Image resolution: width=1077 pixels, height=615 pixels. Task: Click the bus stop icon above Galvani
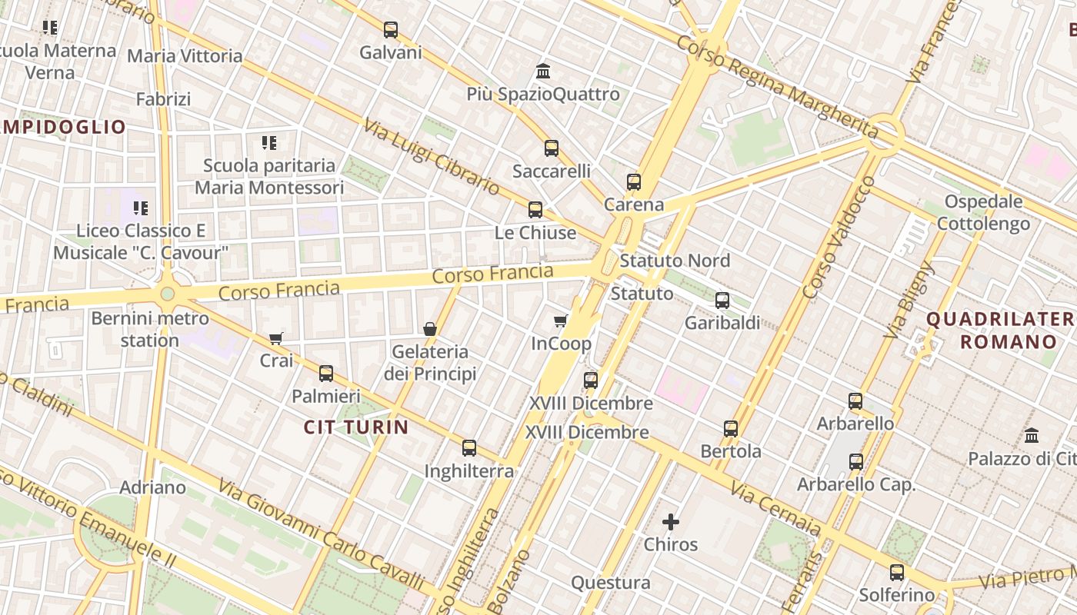(391, 30)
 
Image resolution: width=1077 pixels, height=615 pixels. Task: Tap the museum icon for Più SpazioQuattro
(543, 71)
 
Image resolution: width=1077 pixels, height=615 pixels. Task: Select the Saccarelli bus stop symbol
(551, 148)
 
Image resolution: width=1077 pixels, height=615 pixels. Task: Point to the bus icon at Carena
(633, 182)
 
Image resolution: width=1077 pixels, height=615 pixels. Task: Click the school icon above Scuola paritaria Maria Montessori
(268, 142)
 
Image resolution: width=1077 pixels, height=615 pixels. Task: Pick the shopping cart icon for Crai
(276, 338)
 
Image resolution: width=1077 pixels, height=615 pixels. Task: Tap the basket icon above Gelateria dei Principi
(430, 329)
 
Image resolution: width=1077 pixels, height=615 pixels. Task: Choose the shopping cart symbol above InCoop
(561, 321)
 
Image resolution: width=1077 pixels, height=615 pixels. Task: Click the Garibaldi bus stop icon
(722, 301)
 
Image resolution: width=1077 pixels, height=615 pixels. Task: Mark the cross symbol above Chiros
(671, 523)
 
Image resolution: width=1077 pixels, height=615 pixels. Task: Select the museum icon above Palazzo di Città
(1032, 436)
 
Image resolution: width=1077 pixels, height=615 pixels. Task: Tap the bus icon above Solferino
(896, 573)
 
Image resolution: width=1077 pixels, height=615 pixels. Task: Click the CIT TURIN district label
(356, 427)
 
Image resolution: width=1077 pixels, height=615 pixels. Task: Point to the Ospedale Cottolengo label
(983, 213)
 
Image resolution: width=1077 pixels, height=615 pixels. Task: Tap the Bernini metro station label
(150, 329)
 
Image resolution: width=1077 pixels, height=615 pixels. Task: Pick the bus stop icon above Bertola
(731, 429)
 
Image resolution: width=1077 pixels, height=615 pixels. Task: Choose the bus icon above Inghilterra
(468, 448)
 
